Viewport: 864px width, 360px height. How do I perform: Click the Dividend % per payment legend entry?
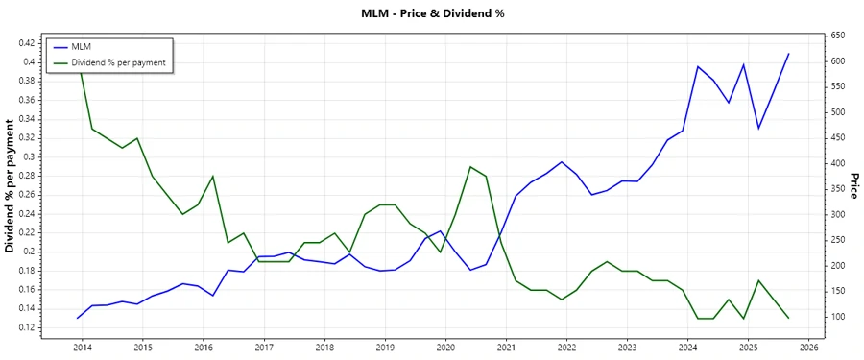coord(118,62)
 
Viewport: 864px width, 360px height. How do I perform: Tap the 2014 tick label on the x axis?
coord(82,348)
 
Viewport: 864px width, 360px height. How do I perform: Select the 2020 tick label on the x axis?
coord(445,348)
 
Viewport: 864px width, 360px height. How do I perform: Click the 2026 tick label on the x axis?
coord(808,348)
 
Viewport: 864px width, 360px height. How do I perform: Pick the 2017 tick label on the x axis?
coord(264,348)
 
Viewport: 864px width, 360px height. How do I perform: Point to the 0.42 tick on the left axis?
coord(26,43)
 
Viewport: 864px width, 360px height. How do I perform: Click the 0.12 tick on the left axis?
coord(26,327)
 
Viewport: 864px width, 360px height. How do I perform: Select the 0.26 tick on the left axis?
coord(26,195)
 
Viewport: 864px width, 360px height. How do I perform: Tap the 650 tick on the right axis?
coord(838,36)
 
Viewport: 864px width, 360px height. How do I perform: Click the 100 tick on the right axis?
coord(838,317)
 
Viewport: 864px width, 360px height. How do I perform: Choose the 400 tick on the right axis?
coord(838,163)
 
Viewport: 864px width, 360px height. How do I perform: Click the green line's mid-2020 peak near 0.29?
coord(470,167)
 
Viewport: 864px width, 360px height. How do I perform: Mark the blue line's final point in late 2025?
coord(788,54)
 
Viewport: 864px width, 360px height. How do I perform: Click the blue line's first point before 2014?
coord(78,318)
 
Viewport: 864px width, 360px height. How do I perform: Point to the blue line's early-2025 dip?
coord(758,128)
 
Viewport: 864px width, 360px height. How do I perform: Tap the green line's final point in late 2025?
coord(788,318)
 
